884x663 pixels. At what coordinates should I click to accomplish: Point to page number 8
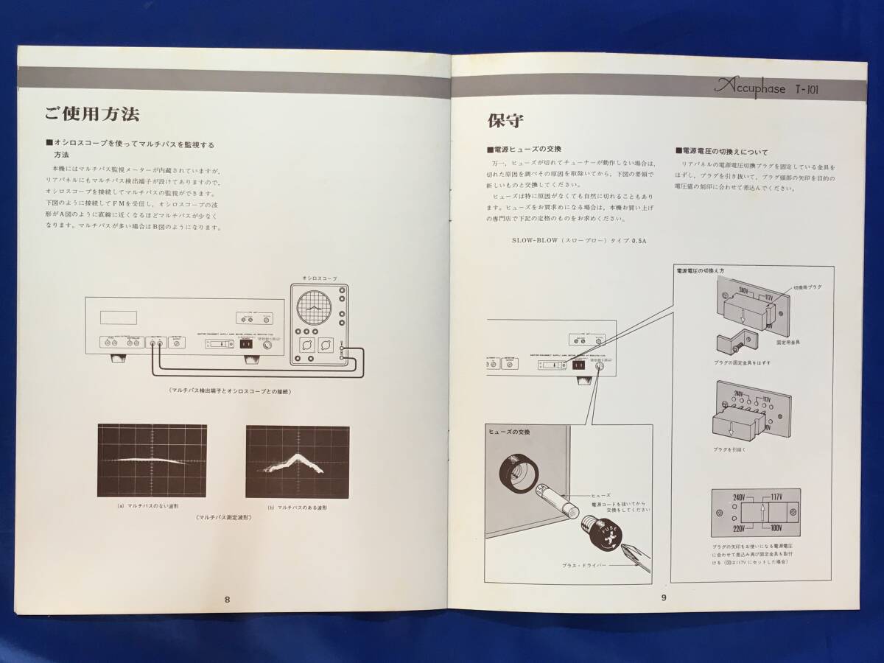click(x=228, y=599)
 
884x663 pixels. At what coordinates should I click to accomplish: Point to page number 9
click(x=664, y=597)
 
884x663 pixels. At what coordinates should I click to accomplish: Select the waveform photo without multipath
click(x=152, y=461)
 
